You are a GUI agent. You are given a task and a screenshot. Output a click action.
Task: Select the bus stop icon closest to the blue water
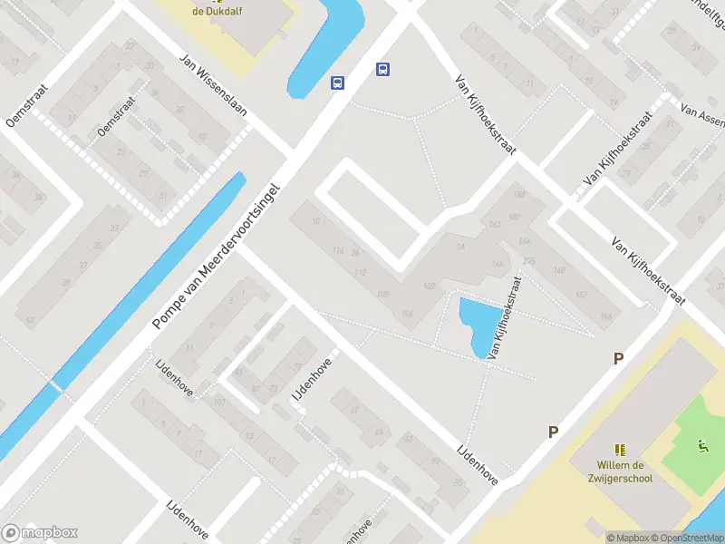[337, 83]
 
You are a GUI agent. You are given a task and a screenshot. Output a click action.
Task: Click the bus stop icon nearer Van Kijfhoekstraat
[383, 69]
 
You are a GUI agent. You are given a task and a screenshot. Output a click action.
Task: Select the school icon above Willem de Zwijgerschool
[620, 449]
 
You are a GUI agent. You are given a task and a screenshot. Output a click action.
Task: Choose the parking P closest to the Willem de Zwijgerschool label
[552, 432]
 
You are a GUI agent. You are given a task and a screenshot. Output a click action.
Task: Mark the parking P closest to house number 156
[618, 358]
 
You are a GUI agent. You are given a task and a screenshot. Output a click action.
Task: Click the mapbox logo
[40, 533]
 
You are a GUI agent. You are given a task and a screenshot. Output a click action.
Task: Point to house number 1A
[460, 248]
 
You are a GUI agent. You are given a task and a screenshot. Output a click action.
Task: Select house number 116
[339, 250]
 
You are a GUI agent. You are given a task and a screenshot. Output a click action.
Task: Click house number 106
[407, 314]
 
